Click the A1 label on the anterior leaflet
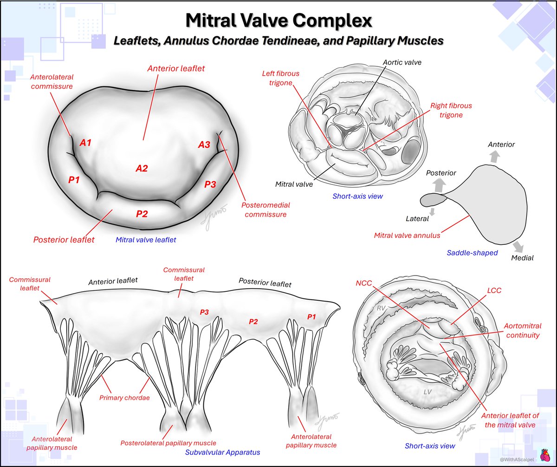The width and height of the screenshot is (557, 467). pos(85,143)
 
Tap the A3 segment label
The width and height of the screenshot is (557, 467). pos(204,145)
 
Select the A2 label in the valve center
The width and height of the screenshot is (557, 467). pos(142,168)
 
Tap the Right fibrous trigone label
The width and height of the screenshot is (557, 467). pos(446,110)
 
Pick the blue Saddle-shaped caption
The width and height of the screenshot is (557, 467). pos(472,253)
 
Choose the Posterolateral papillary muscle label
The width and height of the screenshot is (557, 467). pos(168,443)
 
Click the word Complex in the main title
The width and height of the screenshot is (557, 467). pos(332,20)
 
